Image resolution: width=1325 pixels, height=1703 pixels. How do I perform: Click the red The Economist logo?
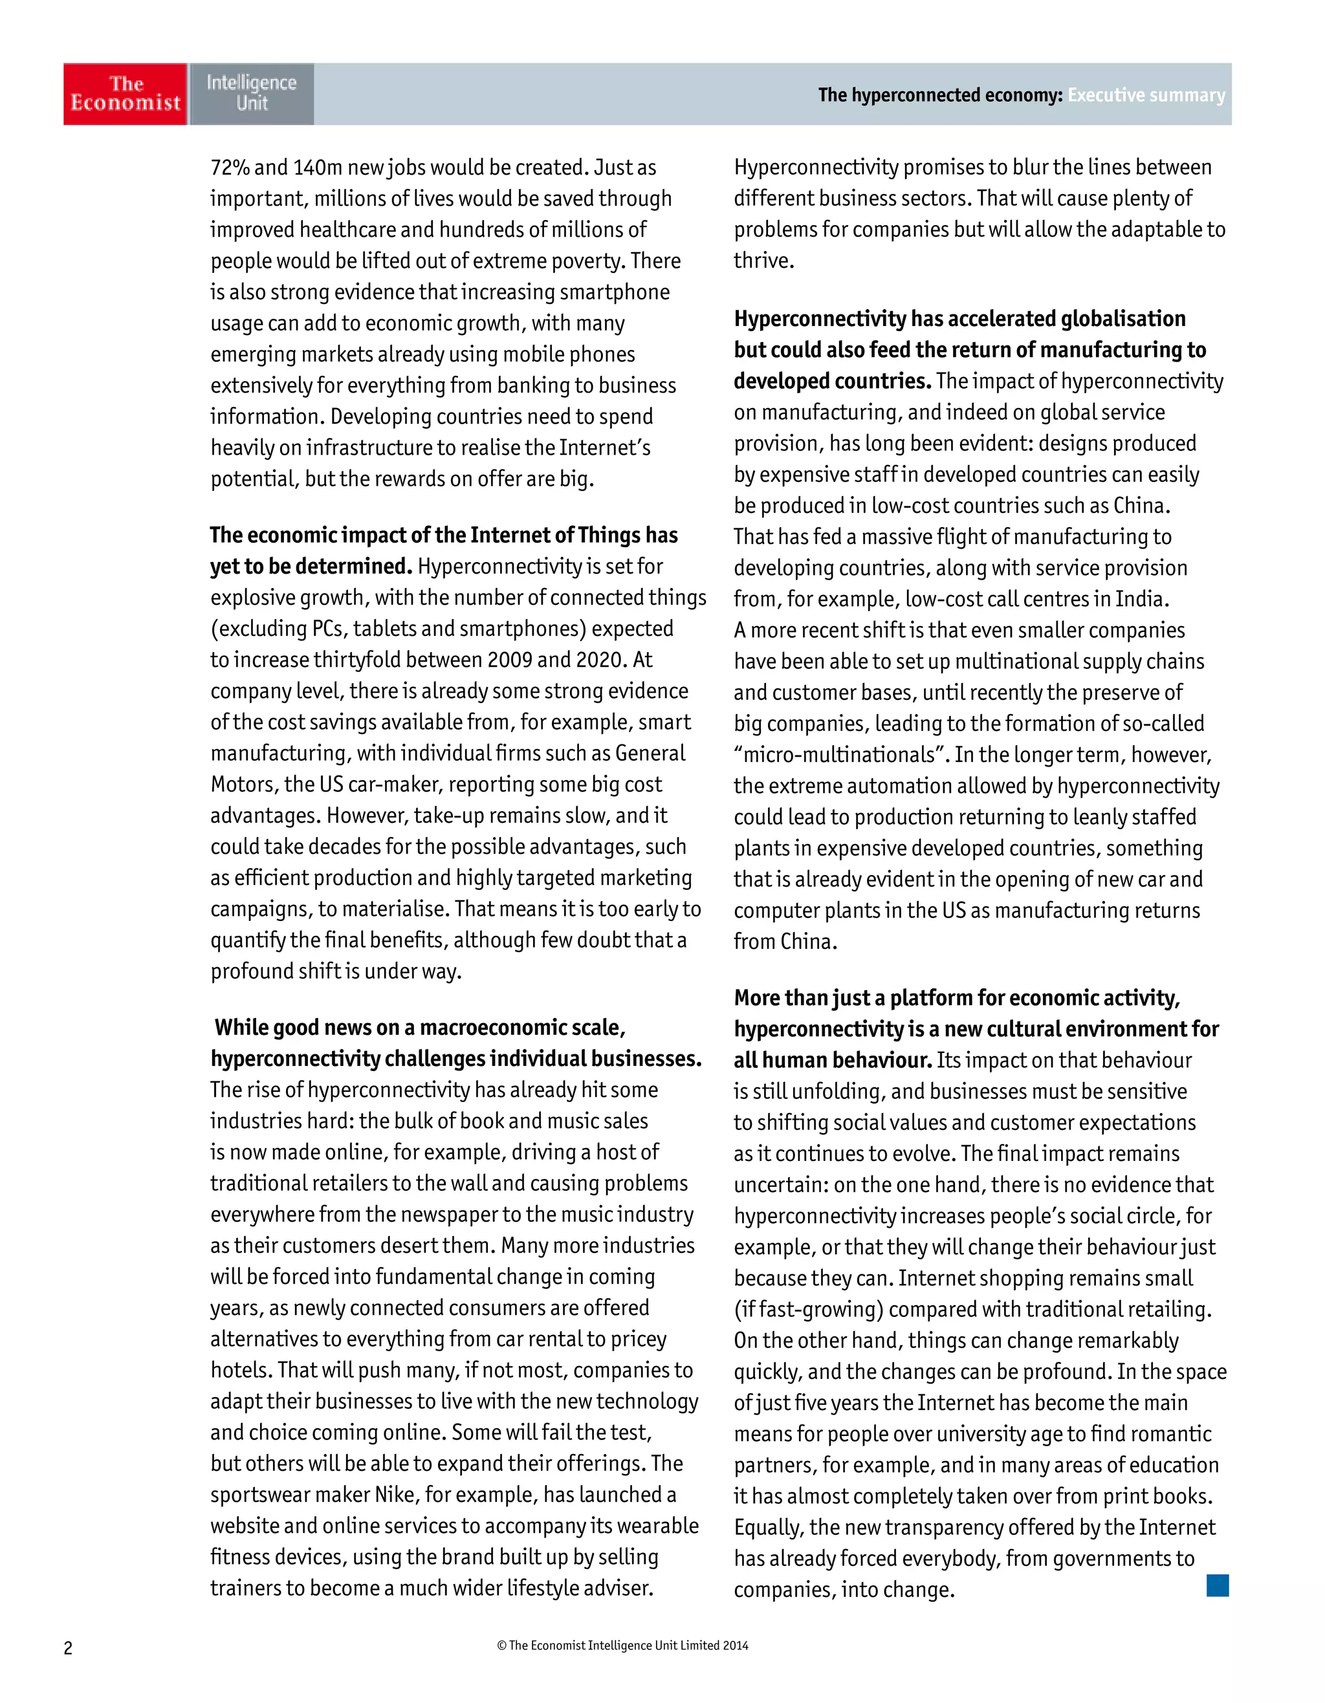pyautogui.click(x=125, y=94)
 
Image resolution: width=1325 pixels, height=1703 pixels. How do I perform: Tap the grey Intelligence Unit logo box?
pyautogui.click(x=251, y=94)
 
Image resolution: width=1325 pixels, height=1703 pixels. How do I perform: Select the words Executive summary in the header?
pyautogui.click(x=1146, y=95)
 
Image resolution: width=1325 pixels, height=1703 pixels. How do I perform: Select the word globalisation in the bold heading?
pyautogui.click(x=1123, y=319)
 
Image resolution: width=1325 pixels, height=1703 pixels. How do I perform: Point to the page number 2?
pyautogui.click(x=68, y=1647)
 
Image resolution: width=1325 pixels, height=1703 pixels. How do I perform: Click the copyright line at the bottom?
pyautogui.click(x=622, y=1645)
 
